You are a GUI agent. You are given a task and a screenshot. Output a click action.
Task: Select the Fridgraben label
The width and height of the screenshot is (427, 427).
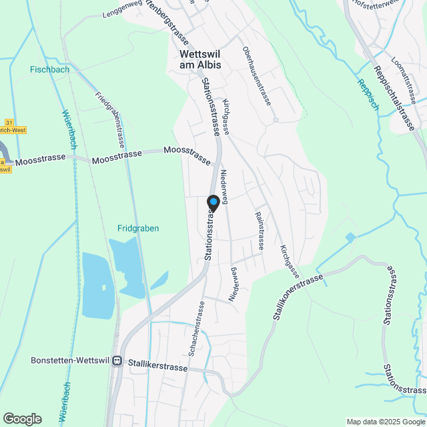pos(138,228)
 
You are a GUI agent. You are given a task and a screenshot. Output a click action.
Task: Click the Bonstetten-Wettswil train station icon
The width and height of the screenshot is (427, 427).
pos(117,360)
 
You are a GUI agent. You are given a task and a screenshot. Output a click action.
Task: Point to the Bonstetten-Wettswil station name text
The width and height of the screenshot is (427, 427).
pos(70,360)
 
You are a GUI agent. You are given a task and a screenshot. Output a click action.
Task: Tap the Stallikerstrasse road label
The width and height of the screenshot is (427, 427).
pos(158,360)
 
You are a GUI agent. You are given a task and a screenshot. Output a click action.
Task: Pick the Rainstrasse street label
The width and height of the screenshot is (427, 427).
pos(258,231)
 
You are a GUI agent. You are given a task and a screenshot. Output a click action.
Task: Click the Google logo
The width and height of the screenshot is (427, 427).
pos(22,418)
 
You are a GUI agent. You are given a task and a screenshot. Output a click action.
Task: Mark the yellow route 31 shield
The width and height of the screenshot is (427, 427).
pos(9,123)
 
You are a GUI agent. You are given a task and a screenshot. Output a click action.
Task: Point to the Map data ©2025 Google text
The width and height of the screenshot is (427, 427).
pos(385,421)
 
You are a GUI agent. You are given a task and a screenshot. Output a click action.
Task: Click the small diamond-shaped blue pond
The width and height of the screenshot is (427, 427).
pos(351,238)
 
